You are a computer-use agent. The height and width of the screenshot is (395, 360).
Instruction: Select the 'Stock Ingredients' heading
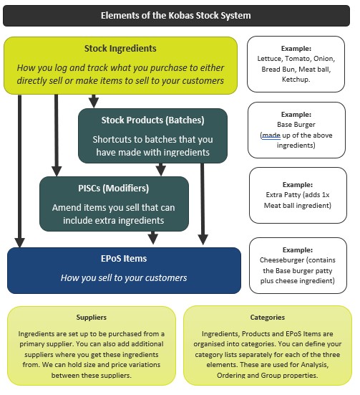click(120, 49)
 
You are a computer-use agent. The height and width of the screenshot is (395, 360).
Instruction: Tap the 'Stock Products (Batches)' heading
click(152, 120)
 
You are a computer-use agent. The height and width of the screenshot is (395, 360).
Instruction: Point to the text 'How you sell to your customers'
click(124, 277)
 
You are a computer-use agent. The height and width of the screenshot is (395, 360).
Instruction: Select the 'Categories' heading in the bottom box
click(267, 316)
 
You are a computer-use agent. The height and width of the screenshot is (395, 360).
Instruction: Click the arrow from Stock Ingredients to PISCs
click(56, 136)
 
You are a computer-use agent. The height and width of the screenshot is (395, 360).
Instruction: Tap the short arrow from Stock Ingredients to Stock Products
click(94, 101)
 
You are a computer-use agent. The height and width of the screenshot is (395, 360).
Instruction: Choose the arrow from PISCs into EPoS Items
click(152, 239)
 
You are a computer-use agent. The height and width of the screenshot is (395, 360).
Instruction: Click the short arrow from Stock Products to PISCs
click(161, 169)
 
